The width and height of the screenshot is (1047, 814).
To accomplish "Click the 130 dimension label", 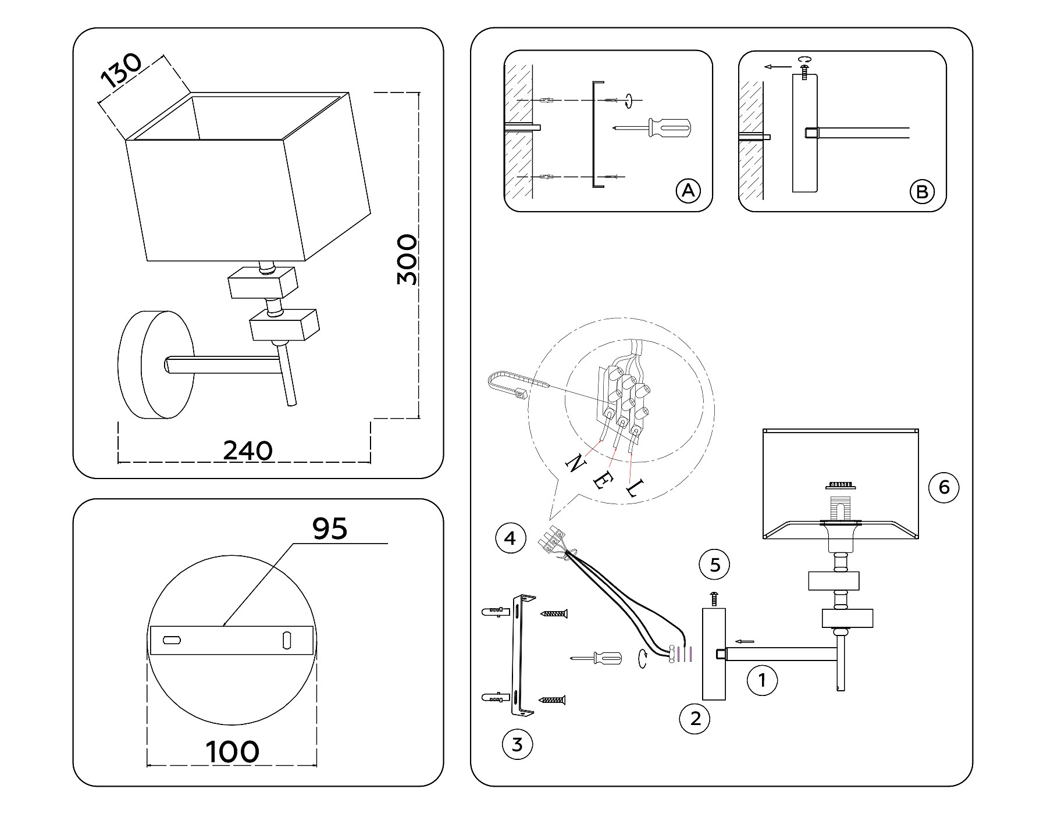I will point(122,70).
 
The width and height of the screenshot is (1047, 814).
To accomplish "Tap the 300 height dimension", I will point(407,259).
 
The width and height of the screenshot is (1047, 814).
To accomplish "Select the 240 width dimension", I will point(248,451).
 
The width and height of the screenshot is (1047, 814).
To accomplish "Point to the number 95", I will point(330,529).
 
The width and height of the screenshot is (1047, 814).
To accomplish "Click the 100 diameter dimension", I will point(233,752).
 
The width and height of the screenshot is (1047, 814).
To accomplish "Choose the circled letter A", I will point(688,191).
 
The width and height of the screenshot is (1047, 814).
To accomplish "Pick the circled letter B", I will point(922,191).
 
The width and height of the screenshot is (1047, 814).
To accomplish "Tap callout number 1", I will point(762,680).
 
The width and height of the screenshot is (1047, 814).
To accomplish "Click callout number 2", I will point(695,719).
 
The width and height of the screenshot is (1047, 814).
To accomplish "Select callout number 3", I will point(517,744).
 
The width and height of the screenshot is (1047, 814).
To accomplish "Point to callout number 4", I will point(510,538).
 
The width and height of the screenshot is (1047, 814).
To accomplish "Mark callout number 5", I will point(715,565).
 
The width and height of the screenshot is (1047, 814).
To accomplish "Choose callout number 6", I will point(943,487).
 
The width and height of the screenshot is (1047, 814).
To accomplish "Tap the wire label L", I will point(633,488).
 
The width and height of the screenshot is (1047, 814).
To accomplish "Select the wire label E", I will point(600,480).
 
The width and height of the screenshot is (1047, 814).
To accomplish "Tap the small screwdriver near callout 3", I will point(597,658).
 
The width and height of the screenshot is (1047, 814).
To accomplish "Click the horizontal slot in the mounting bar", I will point(172,640).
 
